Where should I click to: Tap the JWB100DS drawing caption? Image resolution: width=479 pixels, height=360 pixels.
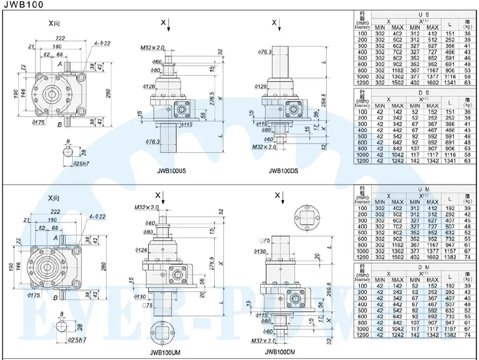[x=283, y=171]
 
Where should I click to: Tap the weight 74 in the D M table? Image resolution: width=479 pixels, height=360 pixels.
[x=467, y=336]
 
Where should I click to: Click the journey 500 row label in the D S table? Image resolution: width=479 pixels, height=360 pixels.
[x=362, y=137]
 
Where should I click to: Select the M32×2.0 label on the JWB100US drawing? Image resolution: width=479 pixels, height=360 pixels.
[x=152, y=48]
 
